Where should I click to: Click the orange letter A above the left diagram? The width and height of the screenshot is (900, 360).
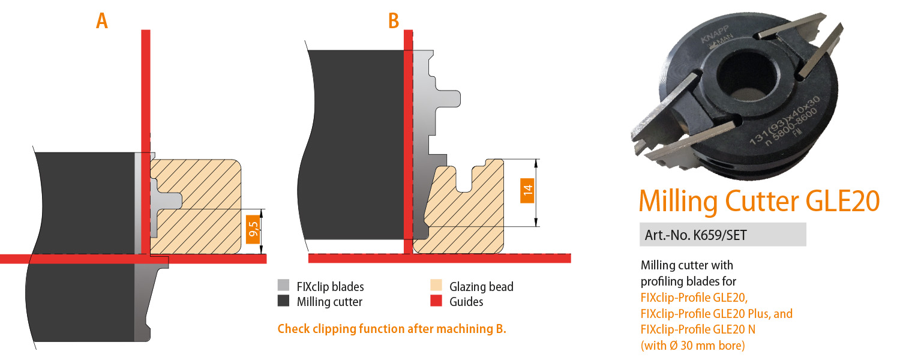[102, 21]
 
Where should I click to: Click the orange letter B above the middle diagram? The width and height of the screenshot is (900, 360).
[394, 21]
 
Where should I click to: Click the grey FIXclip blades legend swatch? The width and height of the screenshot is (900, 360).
[283, 286]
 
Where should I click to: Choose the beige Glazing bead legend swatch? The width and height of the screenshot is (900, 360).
[436, 286]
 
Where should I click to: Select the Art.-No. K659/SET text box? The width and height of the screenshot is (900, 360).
[722, 235]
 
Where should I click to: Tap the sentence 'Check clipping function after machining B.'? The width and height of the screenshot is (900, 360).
[392, 329]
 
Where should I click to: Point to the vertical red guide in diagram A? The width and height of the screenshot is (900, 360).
[145, 90]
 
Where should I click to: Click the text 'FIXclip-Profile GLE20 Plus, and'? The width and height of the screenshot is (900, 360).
[716, 313]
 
